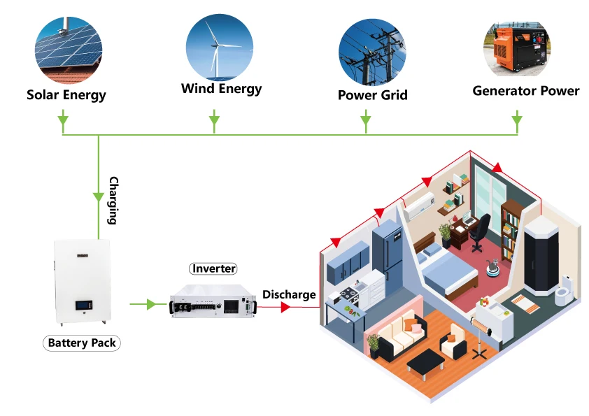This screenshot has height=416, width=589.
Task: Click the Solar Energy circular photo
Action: pyautogui.click(x=66, y=49)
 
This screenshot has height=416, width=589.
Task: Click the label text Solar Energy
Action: pyautogui.click(x=66, y=94)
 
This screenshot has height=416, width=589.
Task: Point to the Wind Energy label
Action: pyautogui.click(x=221, y=89)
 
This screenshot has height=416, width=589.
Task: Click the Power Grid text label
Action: pyautogui.click(x=372, y=95)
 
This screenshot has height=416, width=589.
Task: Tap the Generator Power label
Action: pyautogui.click(x=525, y=91)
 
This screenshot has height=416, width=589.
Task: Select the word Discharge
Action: pyautogui.click(x=289, y=294)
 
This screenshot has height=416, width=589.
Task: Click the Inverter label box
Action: pyautogui.click(x=214, y=268)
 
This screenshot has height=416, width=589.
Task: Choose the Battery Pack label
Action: pyautogui.click(x=83, y=343)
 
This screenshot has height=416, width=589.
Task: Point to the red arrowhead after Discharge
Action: pyautogui.click(x=286, y=306)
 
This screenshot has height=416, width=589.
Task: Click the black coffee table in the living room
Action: pyautogui.click(x=425, y=361)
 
